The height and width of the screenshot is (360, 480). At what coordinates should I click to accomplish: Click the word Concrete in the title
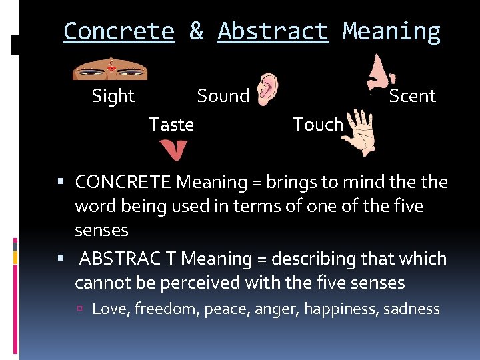(x=119, y=32)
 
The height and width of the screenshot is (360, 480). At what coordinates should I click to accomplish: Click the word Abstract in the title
(x=273, y=32)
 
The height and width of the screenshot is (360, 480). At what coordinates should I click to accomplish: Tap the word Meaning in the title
(x=391, y=32)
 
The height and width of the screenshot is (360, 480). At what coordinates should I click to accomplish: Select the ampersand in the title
(x=196, y=32)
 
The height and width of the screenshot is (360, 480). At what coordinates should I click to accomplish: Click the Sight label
(x=113, y=96)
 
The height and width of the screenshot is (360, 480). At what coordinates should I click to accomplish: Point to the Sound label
(x=223, y=96)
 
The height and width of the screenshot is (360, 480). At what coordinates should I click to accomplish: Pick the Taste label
(x=171, y=125)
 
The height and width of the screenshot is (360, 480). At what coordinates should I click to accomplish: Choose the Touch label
(x=318, y=125)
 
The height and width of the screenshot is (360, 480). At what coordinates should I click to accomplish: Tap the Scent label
(x=412, y=96)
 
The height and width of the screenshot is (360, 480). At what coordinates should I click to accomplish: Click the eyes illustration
(x=110, y=68)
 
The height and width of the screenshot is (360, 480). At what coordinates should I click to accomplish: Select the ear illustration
(x=269, y=89)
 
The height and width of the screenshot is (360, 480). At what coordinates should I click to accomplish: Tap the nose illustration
(x=379, y=72)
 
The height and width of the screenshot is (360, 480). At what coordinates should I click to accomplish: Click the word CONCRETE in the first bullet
(x=123, y=182)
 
